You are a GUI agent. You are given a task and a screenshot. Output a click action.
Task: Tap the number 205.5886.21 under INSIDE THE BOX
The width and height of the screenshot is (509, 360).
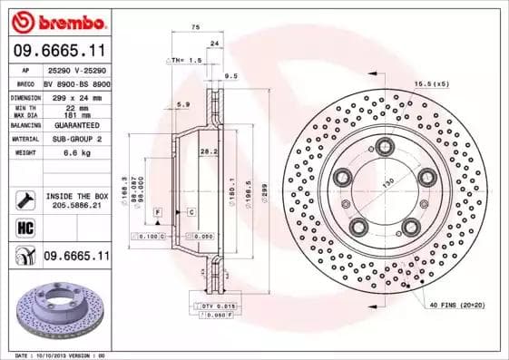(x=76, y=206)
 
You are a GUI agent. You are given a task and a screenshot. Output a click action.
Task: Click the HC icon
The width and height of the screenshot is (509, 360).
(x=24, y=229)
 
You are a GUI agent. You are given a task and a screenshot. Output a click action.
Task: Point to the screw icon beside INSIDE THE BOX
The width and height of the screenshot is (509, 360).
(x=24, y=199)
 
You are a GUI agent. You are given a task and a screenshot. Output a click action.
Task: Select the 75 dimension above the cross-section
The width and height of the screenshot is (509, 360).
(x=195, y=28)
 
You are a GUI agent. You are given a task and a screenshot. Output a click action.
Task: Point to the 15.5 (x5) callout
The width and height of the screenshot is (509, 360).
(x=431, y=84)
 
